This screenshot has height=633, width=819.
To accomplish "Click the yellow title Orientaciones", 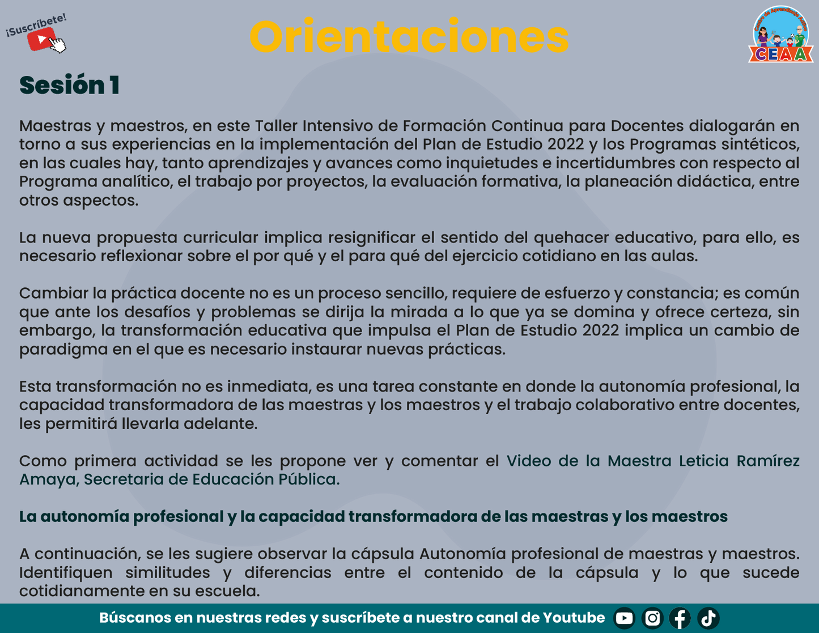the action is [409, 36].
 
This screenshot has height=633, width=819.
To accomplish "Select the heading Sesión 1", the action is [70, 85].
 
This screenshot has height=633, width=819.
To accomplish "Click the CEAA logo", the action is [781, 35].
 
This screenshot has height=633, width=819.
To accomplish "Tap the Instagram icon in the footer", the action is [652, 618].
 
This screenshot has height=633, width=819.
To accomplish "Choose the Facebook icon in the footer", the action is [680, 618].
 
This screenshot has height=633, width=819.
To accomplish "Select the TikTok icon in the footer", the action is [708, 618].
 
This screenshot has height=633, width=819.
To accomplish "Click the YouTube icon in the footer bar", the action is [624, 618].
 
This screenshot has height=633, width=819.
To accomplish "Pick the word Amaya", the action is [48, 480].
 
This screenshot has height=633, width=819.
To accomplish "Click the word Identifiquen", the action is [66, 573].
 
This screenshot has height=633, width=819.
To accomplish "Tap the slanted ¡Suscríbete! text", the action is [36, 25].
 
